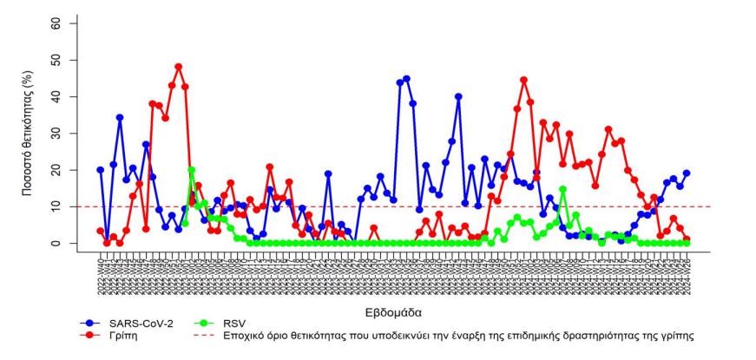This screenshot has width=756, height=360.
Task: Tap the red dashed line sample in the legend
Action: pyautogui.click(x=198, y=334)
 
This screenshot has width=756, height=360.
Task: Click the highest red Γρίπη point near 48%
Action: pyautogui.click(x=178, y=67)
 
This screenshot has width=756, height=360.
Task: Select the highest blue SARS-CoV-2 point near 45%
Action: pyautogui.click(x=406, y=79)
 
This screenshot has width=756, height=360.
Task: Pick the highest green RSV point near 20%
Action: pyautogui.click(x=191, y=170)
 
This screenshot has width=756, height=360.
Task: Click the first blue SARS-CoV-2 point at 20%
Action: pyautogui.click(x=101, y=170)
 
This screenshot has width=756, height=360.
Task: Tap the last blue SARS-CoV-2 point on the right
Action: pyautogui.click(x=687, y=173)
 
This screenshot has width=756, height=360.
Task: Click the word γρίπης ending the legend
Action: pyautogui.click(x=676, y=334)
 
